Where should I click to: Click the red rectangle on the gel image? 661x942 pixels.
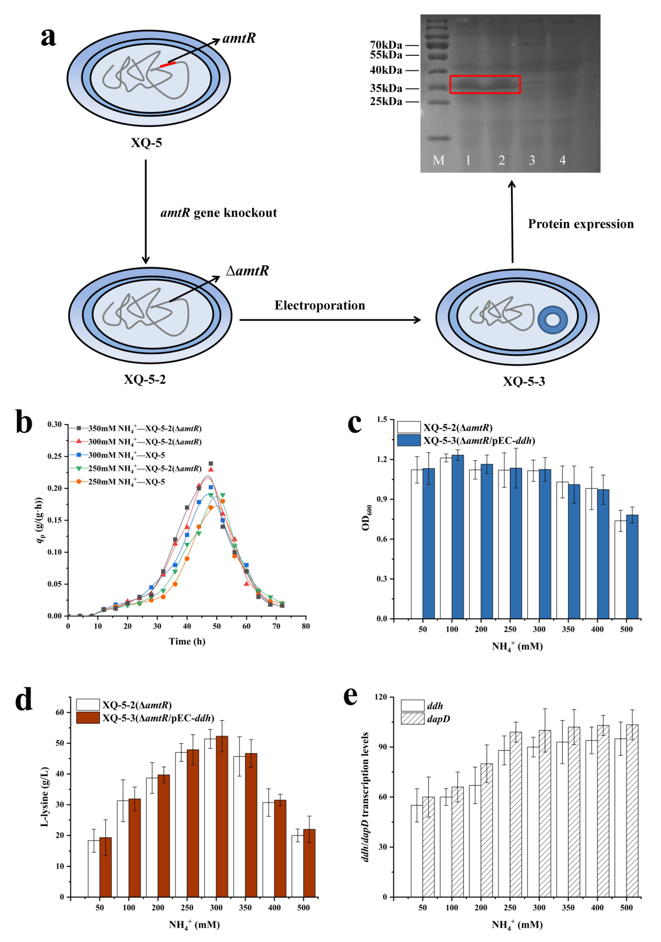click(x=485, y=85)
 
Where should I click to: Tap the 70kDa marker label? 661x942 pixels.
click(x=386, y=45)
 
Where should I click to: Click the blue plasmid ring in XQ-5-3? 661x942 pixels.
click(x=553, y=320)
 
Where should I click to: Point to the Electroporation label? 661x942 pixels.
click(x=319, y=305)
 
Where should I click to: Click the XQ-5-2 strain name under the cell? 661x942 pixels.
click(x=145, y=379)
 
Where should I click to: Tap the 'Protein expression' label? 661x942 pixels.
click(x=580, y=224)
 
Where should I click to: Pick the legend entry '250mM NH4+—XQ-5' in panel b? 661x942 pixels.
click(x=127, y=482)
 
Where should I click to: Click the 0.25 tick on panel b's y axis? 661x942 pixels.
click(x=55, y=456)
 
